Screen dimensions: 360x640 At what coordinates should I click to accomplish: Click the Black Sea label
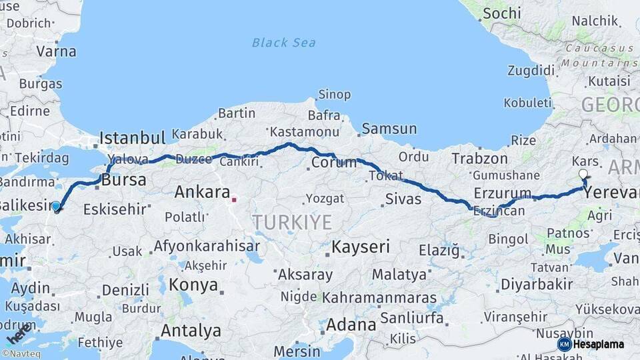click(x=284, y=43)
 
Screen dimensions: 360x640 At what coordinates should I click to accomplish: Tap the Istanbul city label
click(x=132, y=138)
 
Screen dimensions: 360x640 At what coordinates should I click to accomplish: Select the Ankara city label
click(x=202, y=192)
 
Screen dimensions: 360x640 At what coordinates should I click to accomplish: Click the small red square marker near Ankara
click(x=234, y=199)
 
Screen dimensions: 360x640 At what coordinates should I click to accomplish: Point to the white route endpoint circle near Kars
click(x=583, y=175)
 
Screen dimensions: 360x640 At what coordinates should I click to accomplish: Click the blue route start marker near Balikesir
click(x=56, y=207)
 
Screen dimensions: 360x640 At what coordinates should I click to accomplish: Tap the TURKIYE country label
click(x=292, y=222)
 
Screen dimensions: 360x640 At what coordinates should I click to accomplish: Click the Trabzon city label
click(x=479, y=159)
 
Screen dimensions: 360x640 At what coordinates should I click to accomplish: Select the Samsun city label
click(x=389, y=129)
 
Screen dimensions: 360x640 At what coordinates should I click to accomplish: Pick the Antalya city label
click(x=191, y=330)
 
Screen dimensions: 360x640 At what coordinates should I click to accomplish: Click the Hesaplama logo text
click(x=599, y=344)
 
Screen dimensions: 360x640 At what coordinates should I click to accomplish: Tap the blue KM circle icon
click(x=564, y=344)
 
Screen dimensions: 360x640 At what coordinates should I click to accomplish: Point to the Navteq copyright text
click(x=21, y=354)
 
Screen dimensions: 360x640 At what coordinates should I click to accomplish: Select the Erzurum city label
click(x=503, y=193)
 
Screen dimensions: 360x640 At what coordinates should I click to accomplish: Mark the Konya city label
click(x=193, y=285)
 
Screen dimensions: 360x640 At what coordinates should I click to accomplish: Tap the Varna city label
click(x=56, y=51)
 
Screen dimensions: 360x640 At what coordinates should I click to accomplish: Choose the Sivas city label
click(x=403, y=199)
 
